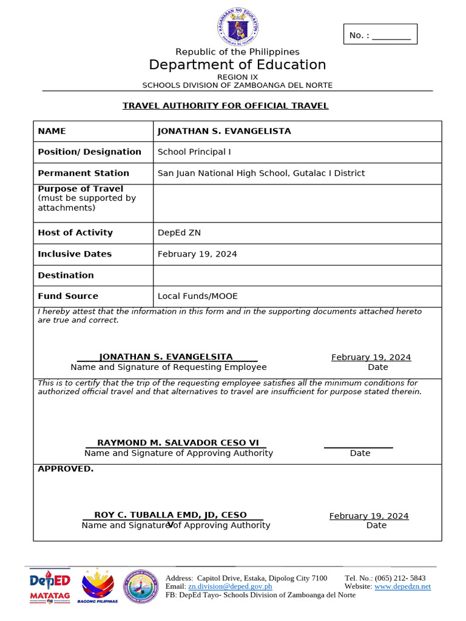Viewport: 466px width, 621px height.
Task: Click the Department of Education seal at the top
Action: (237, 27)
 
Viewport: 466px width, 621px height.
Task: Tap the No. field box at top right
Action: (380, 35)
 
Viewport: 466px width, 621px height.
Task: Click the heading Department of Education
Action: (237, 65)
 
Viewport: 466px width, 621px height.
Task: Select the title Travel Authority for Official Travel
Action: (225, 106)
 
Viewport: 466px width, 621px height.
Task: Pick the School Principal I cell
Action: (194, 152)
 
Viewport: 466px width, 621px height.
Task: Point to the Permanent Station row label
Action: (83, 173)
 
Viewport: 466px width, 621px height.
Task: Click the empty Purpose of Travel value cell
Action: (297, 203)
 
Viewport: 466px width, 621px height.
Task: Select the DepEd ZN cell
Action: (179, 233)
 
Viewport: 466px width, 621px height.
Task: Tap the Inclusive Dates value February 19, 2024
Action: (197, 254)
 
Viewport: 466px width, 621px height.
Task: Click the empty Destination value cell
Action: (297, 275)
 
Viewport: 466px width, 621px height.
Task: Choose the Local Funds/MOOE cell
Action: (198, 297)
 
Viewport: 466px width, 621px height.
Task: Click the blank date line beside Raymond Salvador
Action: (358, 444)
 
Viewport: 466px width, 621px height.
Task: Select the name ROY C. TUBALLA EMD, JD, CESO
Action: (171, 515)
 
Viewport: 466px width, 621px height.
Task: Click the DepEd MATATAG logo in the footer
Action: (50, 586)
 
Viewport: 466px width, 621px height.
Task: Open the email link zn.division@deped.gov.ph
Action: (230, 586)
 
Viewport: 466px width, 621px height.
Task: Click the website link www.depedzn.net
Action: (402, 586)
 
